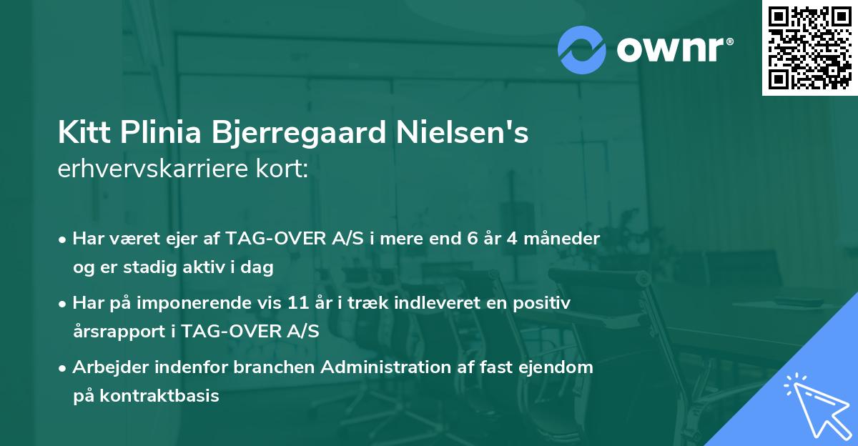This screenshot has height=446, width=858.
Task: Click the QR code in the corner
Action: point(810,47)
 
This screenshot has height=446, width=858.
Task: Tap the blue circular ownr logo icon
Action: point(582,50)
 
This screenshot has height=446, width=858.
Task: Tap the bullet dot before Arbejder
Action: point(64,368)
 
